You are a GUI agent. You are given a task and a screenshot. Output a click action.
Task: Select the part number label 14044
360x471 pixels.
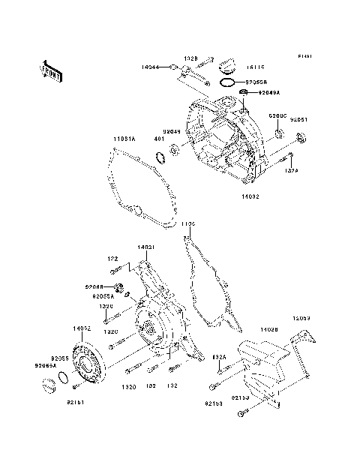(151, 67)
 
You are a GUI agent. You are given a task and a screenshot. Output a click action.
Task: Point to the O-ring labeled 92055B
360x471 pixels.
(230, 80)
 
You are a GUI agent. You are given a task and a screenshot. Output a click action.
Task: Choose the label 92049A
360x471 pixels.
(268, 94)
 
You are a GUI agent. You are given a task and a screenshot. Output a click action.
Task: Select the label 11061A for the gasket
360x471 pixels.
(124, 139)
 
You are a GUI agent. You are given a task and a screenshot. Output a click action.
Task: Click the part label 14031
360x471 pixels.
(145, 247)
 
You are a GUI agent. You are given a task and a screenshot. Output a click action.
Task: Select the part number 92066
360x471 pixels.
(94, 286)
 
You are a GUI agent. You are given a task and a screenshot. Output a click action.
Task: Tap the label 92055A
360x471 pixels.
(103, 296)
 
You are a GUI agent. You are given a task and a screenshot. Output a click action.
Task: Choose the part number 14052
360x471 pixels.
(82, 328)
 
